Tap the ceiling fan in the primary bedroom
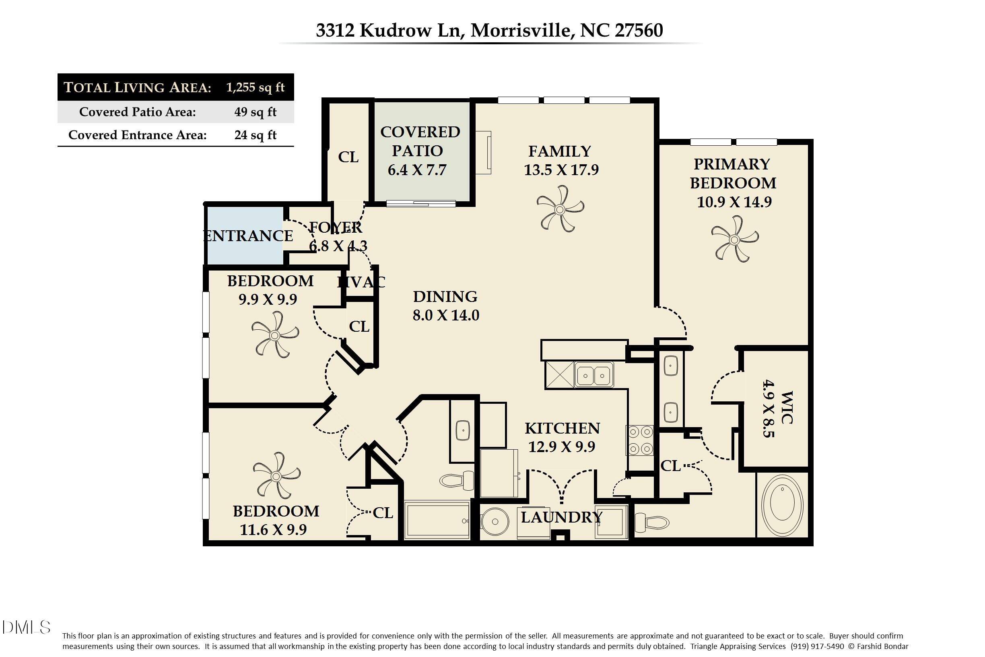tap(734, 239)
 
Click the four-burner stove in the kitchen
tap(639, 440)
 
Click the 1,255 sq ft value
tap(255, 87)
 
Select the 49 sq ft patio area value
tap(255, 112)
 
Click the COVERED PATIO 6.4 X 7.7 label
tap(420, 151)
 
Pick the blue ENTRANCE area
tap(245, 236)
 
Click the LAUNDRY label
tap(561, 517)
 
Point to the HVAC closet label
tap(361, 282)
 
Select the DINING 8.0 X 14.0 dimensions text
tap(445, 315)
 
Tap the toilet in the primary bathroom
tap(652, 523)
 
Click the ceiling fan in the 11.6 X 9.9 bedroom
tap(276, 476)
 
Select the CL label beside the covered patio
tap(348, 157)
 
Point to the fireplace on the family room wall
tap(483, 153)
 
